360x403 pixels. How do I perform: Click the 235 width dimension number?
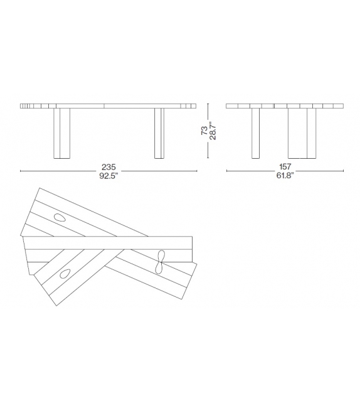tap(109, 168)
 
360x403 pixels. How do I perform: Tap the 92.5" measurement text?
tap(109, 176)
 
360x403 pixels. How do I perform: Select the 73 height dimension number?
tap(204, 131)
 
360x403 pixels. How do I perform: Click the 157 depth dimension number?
tap(285, 168)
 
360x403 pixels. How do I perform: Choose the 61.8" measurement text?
tap(285, 176)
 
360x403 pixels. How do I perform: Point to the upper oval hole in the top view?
tap(61, 218)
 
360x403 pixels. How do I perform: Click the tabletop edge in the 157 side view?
tap(285, 105)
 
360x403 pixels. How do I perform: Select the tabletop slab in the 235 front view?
tap(109, 105)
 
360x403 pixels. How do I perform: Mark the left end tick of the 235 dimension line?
tap(21, 171)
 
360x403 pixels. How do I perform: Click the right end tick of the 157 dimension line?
tap(344, 171)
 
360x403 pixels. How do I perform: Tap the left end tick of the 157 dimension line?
tap(226, 171)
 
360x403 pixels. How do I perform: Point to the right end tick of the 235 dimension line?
tap(197, 171)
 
